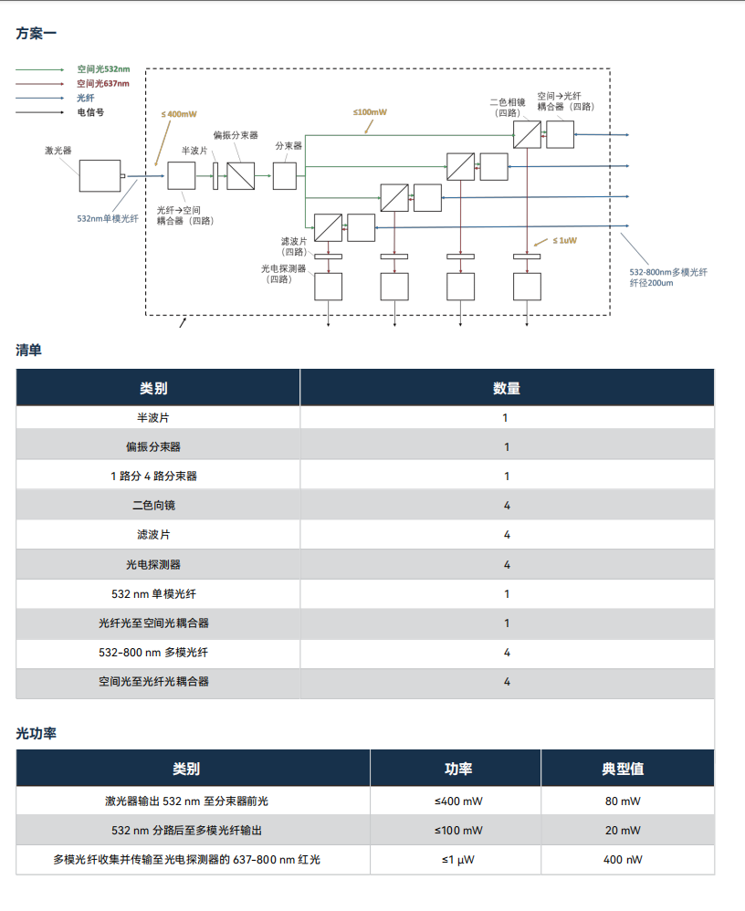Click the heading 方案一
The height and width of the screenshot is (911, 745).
point(37,34)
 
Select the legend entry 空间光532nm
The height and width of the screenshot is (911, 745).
point(102,69)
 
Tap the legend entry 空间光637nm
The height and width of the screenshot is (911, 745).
point(102,84)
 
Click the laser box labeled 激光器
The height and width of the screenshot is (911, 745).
point(100,175)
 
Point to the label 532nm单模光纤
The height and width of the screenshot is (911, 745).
point(107,219)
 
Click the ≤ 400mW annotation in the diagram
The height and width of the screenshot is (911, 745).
point(179,114)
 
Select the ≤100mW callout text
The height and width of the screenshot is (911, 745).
point(370,112)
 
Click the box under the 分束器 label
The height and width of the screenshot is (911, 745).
point(285,175)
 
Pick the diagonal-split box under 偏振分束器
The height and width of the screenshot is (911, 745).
point(241,175)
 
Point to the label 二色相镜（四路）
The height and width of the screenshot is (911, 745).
point(508,108)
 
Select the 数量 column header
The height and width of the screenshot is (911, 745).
point(507,388)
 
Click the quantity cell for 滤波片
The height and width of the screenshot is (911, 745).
point(507,535)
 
